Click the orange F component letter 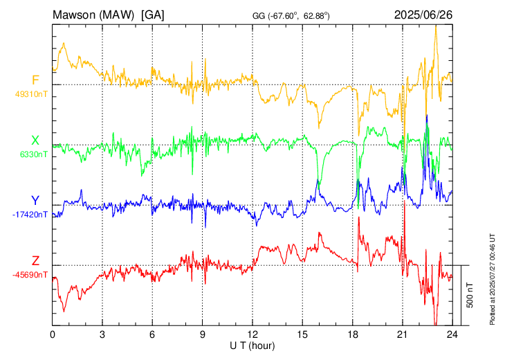pyautogui.click(x=35, y=80)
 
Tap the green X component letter pyautogui.click(x=35, y=141)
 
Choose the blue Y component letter pyautogui.click(x=35, y=201)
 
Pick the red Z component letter pyautogui.click(x=35, y=260)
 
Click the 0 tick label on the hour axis pyautogui.click(x=53, y=334)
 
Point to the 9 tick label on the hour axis pyautogui.click(x=203, y=334)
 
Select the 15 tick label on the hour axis pyautogui.click(x=302, y=334)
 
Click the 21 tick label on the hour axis pyautogui.click(x=402, y=334)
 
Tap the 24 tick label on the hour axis pyautogui.click(x=452, y=334)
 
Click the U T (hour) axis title pyautogui.click(x=253, y=345)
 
